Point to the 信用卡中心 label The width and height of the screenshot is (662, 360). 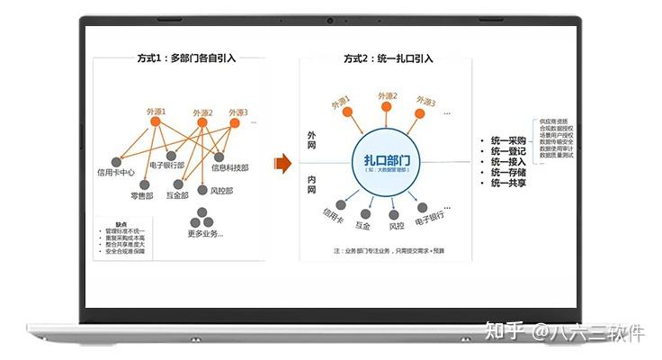tap(116, 170)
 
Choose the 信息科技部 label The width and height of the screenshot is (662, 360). tap(230, 167)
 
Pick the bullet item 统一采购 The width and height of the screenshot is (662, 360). tap(508, 141)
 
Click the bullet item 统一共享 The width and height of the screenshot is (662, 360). tap(508, 184)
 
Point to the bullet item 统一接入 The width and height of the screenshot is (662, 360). tap(508, 163)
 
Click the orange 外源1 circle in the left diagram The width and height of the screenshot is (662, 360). tap(155, 121)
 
